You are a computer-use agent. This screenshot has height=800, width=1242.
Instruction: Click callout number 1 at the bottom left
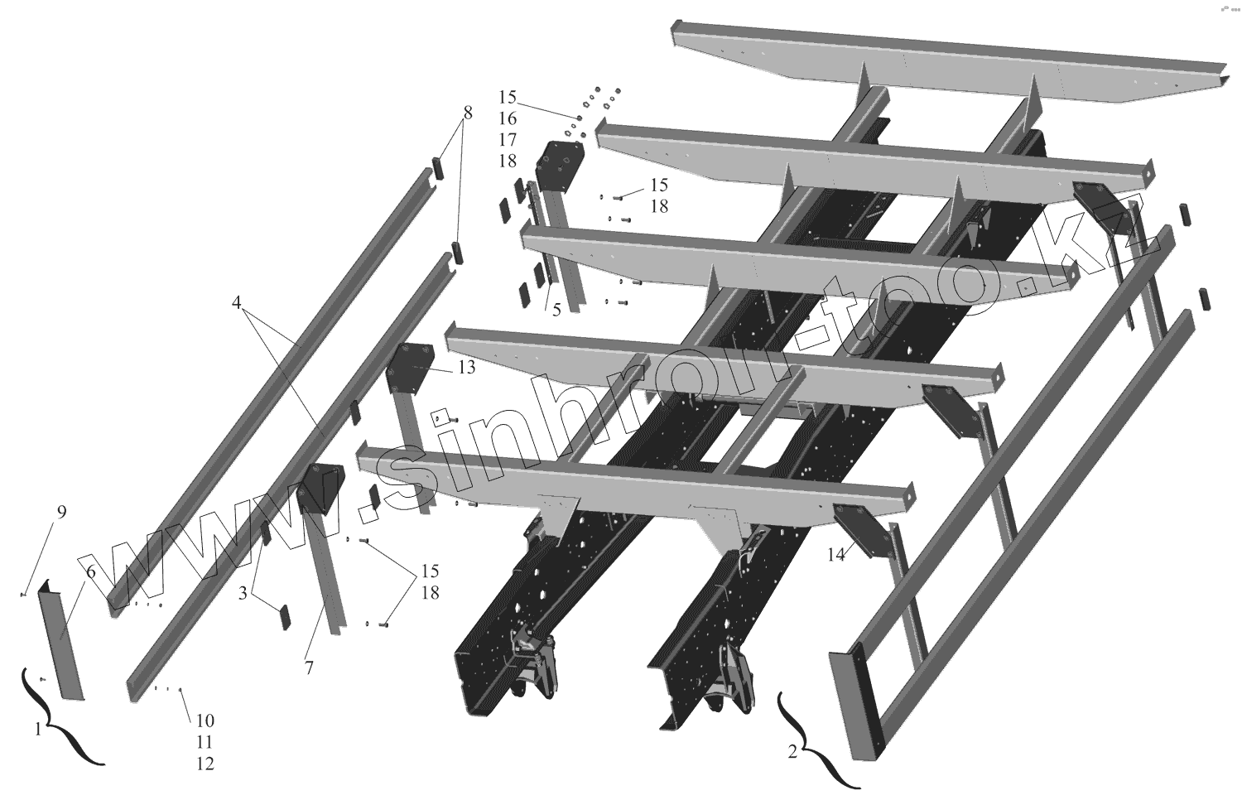click(37, 730)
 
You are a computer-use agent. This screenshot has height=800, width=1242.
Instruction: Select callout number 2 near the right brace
click(792, 752)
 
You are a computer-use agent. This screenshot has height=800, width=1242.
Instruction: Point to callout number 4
click(237, 304)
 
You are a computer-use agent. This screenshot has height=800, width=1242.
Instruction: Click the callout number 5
click(556, 310)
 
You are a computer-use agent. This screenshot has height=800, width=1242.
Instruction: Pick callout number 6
click(90, 572)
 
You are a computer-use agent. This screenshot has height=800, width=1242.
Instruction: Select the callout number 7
click(309, 667)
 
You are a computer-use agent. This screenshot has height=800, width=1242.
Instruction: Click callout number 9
click(60, 512)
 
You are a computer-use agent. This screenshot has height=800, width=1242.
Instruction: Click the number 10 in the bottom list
click(205, 764)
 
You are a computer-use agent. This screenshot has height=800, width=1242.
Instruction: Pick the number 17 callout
click(508, 139)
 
